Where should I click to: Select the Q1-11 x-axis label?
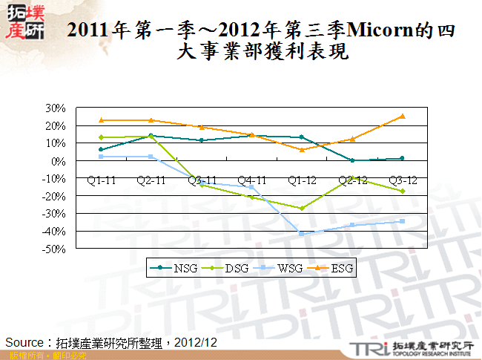[100, 180]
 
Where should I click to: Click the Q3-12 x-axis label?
[402, 180]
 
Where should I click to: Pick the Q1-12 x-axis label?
[301, 180]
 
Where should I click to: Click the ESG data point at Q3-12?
[402, 116]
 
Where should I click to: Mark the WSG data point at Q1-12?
[301, 233]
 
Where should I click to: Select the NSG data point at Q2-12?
[352, 160]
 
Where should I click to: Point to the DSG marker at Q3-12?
[402, 192]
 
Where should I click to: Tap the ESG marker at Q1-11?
[100, 120]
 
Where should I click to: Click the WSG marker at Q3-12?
[402, 221]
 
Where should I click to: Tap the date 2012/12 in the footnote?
[197, 342]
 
